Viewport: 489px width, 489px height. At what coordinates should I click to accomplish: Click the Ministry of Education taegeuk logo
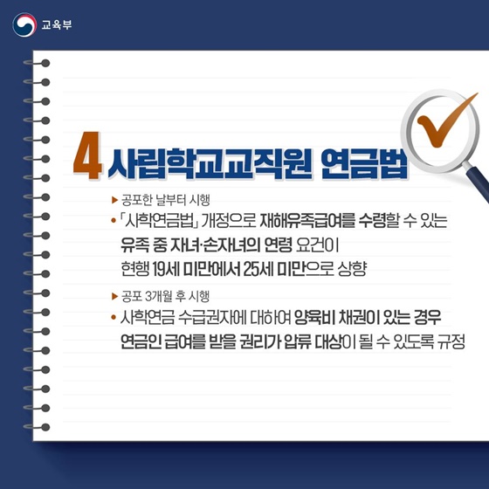24,24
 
